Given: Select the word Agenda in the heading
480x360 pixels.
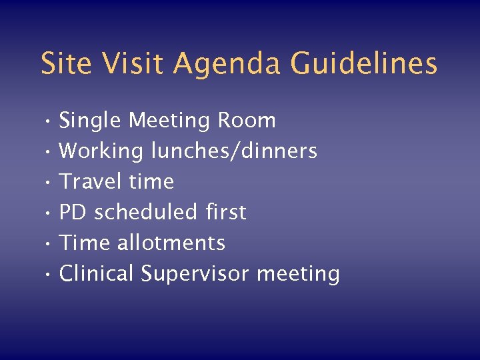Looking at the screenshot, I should click(229, 65).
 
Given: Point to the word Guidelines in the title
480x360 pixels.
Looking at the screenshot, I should click(364, 63).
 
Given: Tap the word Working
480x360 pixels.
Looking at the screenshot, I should click(101, 152).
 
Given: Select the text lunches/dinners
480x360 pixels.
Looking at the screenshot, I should click(234, 152).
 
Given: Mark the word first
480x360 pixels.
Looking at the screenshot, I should click(225, 212).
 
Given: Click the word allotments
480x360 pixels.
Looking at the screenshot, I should click(171, 243).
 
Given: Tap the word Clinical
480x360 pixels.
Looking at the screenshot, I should click(97, 273).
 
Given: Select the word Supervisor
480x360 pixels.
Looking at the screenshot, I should click(195, 274).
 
